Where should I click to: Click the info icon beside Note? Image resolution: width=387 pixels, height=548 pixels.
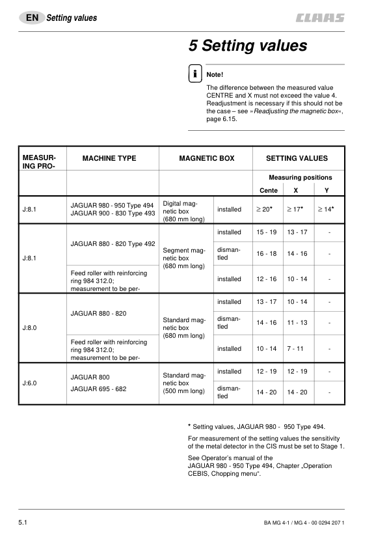click(x=194, y=74)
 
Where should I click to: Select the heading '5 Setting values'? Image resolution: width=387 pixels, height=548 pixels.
click(x=247, y=46)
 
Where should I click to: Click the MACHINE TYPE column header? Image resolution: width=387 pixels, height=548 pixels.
click(x=109, y=158)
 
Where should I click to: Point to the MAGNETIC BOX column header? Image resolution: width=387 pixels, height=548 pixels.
click(x=206, y=158)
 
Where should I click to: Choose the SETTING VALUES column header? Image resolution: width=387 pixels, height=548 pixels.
click(x=297, y=158)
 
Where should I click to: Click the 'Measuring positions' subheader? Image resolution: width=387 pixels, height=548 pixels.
click(x=300, y=177)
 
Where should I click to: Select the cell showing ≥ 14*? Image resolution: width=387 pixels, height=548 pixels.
click(x=325, y=210)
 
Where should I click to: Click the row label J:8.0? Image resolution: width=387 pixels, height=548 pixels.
click(x=30, y=328)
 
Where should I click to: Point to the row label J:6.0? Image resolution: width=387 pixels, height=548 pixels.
click(x=30, y=383)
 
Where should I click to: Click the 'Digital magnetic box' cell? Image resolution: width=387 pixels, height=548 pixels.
click(x=183, y=211)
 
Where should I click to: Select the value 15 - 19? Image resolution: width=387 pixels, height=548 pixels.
click(x=267, y=232)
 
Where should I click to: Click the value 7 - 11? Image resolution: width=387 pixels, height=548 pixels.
click(x=297, y=349)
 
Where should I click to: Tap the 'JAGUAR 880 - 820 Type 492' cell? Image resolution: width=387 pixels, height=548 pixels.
click(x=112, y=244)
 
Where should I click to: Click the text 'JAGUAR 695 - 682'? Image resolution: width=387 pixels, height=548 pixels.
click(x=98, y=389)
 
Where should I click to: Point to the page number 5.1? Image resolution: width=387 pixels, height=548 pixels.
click(x=25, y=523)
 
